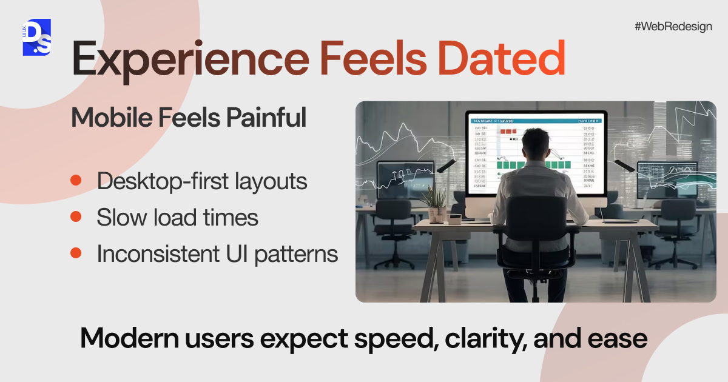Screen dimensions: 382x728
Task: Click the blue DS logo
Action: [36, 37]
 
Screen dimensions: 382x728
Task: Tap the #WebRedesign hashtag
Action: [673, 27]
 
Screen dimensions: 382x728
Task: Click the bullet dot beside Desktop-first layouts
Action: [76, 181]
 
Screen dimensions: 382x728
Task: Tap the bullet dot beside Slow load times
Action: [76, 217]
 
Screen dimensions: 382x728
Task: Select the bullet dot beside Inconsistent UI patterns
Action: [76, 253]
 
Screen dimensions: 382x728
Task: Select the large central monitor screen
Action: [536, 155]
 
